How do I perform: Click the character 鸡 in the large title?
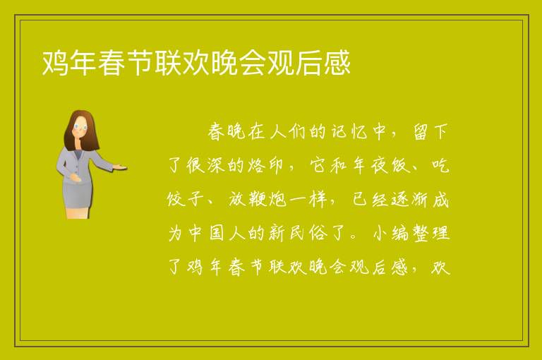click(55, 63)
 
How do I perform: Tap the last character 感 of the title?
click(337, 63)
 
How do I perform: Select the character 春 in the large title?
click(112, 63)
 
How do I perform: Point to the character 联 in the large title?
click(168, 63)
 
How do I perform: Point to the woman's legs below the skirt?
click(78, 213)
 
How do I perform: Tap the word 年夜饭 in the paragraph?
click(380, 166)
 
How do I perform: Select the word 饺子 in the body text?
click(185, 199)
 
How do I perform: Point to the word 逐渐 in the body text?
click(410, 199)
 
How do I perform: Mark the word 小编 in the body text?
click(390, 233)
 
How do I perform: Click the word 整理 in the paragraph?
click(431, 233)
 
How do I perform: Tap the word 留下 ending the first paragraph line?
click(430, 132)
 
